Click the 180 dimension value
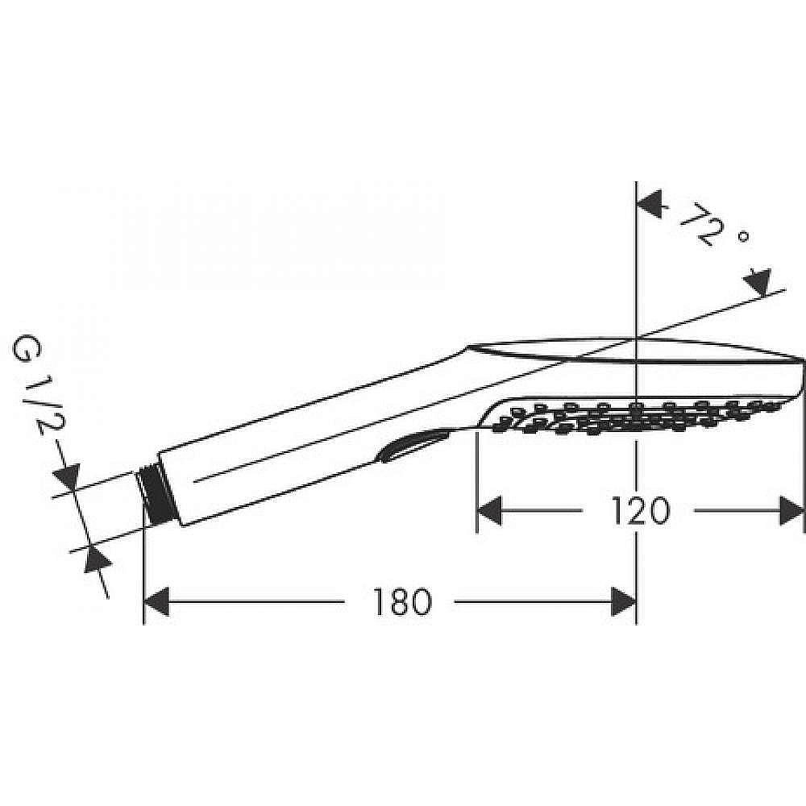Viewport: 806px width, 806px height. tap(400, 601)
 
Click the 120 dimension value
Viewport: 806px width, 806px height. tap(638, 511)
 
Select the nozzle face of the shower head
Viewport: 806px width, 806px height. tap(637, 413)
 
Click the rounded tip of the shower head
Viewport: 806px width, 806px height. tap(798, 379)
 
